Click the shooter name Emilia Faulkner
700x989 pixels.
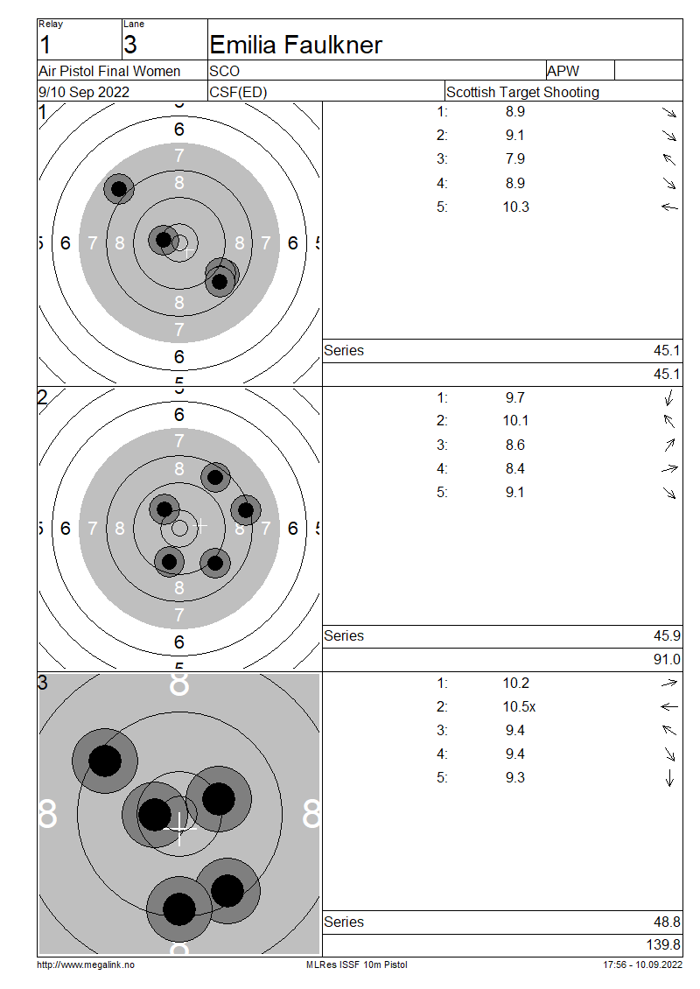tap(295, 45)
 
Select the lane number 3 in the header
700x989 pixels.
tap(129, 45)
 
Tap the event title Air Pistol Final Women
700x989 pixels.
tap(109, 71)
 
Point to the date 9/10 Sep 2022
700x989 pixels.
tap(84, 92)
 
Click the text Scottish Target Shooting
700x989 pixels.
tap(522, 92)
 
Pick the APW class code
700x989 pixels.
tap(563, 71)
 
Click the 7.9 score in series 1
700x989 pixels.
tap(515, 159)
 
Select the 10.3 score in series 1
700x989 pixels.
tap(516, 207)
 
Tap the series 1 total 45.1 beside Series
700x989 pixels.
tap(667, 351)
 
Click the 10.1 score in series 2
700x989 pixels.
tap(516, 421)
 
